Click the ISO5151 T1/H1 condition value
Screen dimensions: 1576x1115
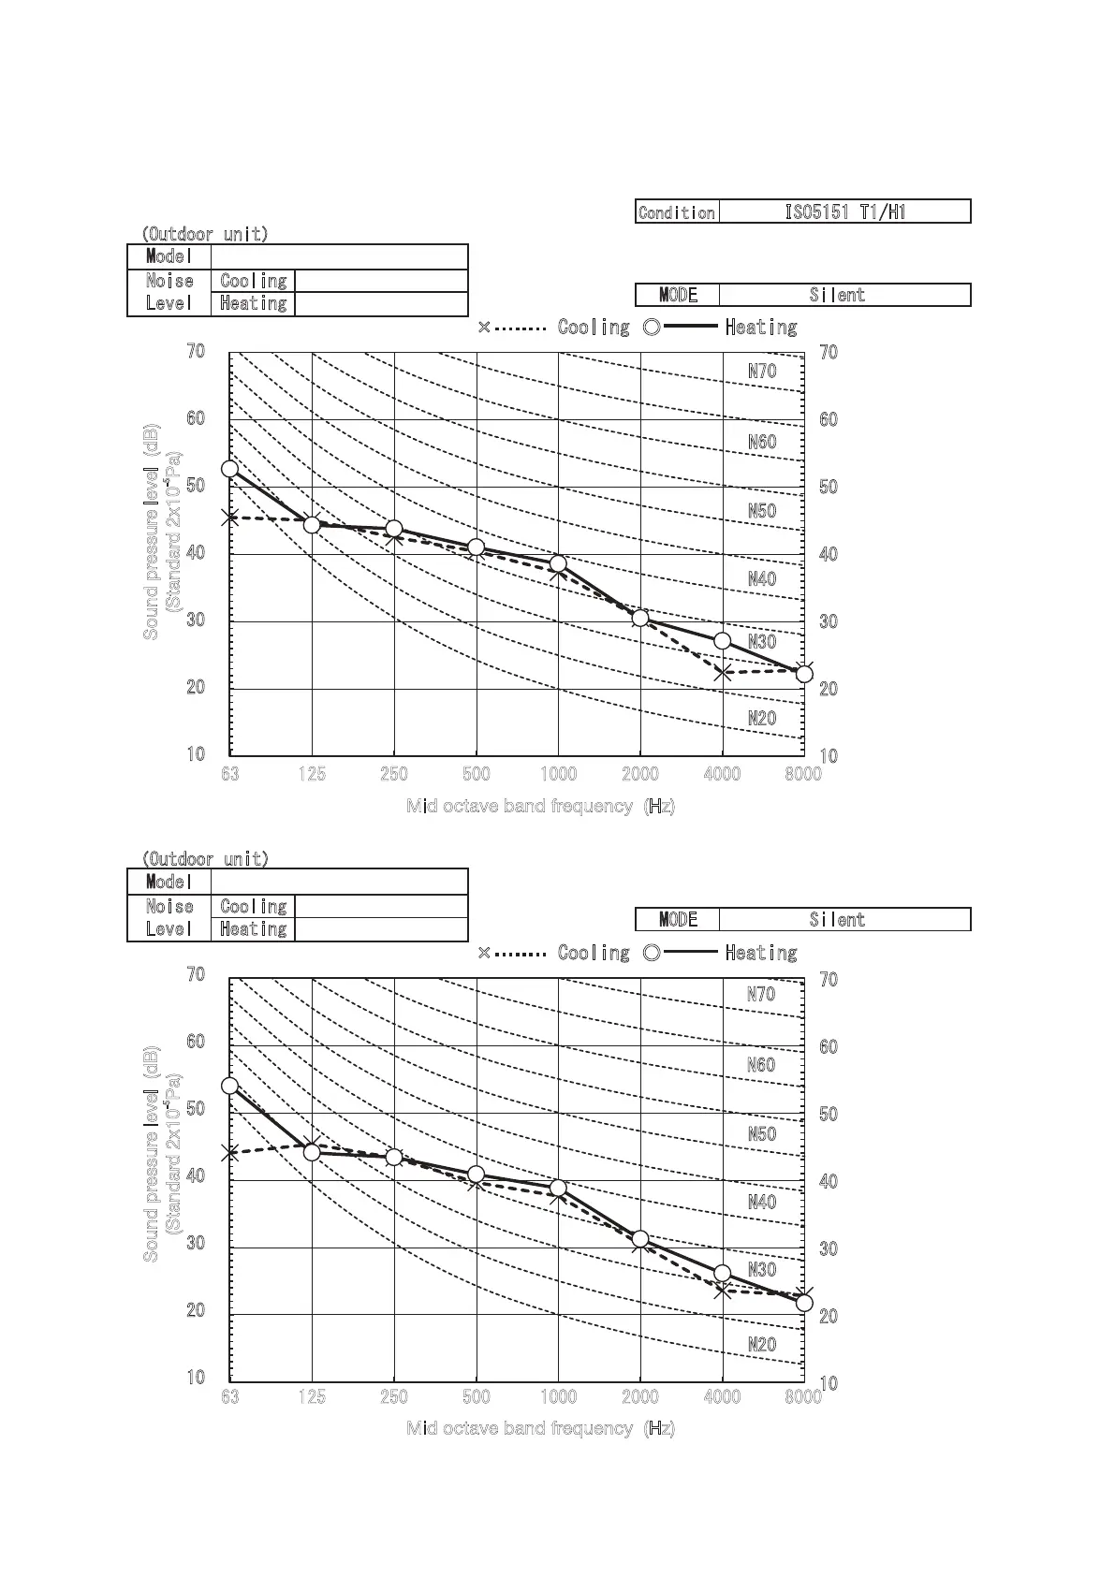pos(844,212)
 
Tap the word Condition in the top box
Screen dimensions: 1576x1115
pos(677,212)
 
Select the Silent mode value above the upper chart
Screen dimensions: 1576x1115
pos(837,295)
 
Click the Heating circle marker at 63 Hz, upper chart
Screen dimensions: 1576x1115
pos(229,469)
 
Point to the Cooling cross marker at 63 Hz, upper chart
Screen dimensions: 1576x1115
pos(229,518)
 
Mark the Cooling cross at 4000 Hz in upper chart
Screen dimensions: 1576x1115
pos(722,673)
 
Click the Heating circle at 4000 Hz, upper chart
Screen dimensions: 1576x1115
pos(722,641)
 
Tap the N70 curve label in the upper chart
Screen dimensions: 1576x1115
pos(762,372)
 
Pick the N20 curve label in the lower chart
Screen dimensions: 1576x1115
pos(762,1345)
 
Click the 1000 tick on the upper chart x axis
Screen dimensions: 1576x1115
pos(558,774)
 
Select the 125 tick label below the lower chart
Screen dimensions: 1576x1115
pos(312,1397)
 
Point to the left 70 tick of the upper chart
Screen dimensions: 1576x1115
pos(196,351)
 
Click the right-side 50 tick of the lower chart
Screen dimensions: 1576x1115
pos(829,1115)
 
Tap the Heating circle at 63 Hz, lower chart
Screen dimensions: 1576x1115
pos(229,1087)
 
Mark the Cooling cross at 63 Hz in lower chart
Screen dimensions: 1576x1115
pos(229,1154)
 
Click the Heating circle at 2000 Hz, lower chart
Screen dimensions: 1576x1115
pos(640,1239)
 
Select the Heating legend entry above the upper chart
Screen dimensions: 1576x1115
pos(760,328)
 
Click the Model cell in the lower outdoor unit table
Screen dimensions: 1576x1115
pos(169,882)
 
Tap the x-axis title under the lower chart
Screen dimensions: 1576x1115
pos(540,1428)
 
